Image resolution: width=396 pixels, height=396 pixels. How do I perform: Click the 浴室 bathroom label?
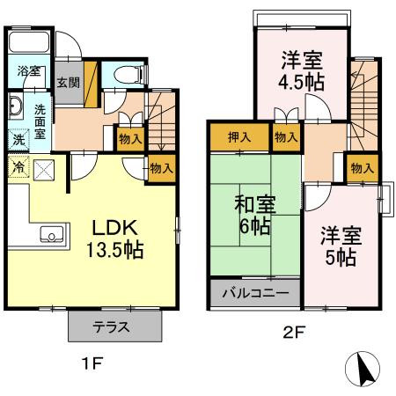click(x=28, y=71)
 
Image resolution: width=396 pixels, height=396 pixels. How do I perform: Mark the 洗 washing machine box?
click(x=18, y=139)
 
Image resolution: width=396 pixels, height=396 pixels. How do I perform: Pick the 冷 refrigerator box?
click(x=18, y=165)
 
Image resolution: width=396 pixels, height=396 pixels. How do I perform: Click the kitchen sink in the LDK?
click(x=52, y=235)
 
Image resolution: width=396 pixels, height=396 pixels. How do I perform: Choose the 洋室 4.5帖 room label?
click(x=301, y=71)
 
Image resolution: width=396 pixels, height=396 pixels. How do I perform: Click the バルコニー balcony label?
click(x=254, y=293)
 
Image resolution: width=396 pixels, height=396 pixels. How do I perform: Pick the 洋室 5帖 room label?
click(x=339, y=247)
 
